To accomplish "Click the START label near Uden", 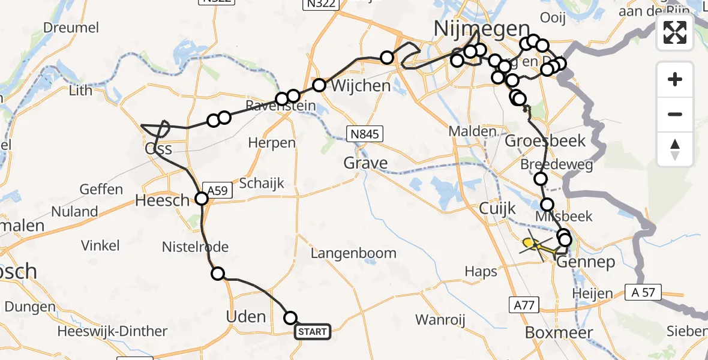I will [312, 332].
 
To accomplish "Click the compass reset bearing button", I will [675, 149].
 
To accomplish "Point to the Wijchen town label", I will [360, 86].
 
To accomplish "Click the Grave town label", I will [365, 163].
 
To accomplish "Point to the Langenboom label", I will [353, 253].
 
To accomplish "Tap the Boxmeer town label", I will [559, 332].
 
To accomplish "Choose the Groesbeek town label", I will [536, 142].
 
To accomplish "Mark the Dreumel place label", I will [71, 28].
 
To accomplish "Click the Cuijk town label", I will [497, 208].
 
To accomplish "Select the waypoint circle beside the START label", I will [290, 318].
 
